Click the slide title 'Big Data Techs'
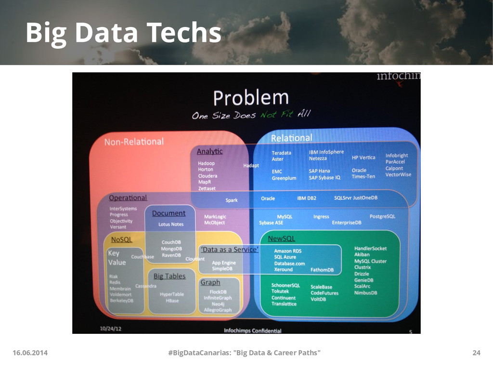tap(123, 33)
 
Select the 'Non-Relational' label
tap(134, 142)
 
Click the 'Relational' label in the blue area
tap(291, 138)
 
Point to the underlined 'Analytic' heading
tap(209, 151)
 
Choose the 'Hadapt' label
tap(251, 165)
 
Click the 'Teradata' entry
tap(281, 153)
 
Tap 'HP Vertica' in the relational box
tap(363, 158)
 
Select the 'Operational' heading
tap(128, 198)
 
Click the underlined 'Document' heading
tap(169, 213)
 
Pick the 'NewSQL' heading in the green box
tap(281, 238)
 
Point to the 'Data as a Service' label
tap(230, 250)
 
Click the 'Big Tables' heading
tap(169, 276)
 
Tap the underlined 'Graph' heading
tap(210, 282)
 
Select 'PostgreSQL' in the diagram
tap(382, 216)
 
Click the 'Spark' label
tap(232, 200)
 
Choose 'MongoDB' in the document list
tap(171, 249)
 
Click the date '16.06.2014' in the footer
tap(30, 353)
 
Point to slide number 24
tap(476, 353)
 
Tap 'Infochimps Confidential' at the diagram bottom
tap(253, 330)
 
